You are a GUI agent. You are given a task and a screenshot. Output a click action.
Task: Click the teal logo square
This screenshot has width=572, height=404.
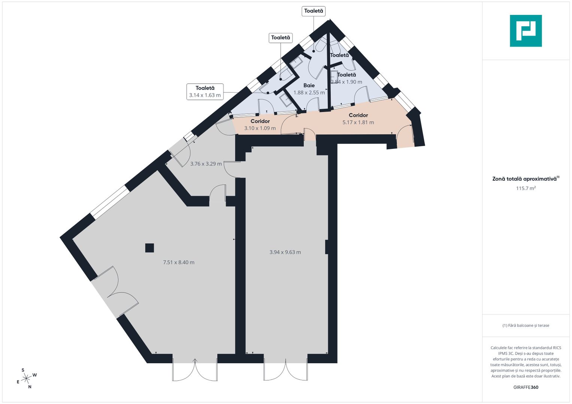(x=526, y=31)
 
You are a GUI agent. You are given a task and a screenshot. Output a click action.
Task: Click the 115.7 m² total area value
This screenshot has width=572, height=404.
(x=526, y=188)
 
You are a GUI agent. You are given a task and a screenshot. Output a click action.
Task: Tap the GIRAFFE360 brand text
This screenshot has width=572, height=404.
(x=526, y=387)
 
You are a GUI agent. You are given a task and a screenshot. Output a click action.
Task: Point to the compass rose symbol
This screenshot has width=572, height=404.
(x=26, y=378)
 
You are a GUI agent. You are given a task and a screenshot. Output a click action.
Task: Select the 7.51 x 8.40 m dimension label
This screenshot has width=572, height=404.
(x=179, y=262)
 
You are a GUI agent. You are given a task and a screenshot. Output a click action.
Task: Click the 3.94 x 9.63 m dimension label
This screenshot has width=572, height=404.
(x=285, y=252)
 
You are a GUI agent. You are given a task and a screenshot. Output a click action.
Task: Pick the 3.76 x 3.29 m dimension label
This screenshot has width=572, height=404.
(x=206, y=164)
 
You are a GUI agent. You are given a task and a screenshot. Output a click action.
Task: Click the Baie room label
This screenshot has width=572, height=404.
(x=309, y=85)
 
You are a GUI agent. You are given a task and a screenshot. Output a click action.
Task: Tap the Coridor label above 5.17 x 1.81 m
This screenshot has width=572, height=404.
(x=358, y=115)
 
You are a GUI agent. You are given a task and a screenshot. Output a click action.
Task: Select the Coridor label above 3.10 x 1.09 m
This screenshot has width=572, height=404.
(x=260, y=121)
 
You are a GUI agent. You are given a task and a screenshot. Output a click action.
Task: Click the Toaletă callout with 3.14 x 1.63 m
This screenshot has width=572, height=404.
(x=205, y=92)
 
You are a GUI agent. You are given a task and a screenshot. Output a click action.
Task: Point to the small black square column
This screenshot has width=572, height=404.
(x=149, y=248)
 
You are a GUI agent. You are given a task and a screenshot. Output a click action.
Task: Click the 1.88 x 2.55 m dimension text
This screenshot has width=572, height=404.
(x=309, y=93)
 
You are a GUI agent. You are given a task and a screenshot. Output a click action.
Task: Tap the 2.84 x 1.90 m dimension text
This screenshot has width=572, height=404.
(x=346, y=82)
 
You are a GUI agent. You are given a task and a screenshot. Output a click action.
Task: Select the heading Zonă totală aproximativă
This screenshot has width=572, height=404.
(x=524, y=179)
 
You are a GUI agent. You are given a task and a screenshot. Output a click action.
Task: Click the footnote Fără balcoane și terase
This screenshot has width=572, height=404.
(x=526, y=325)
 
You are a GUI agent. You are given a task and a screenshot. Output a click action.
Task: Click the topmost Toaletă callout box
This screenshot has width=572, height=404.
(x=314, y=11)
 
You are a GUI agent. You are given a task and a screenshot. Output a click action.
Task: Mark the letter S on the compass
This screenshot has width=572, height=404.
(x=23, y=370)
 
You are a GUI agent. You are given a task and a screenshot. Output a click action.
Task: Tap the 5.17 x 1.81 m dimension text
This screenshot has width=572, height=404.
(x=358, y=122)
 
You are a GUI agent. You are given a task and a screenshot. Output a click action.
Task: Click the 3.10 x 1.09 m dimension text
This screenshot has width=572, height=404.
(x=260, y=128)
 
